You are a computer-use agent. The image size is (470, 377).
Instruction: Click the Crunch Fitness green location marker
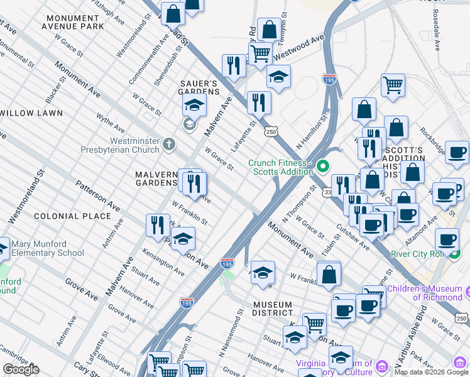323,167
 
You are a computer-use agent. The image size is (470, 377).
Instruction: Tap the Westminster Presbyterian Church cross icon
168,145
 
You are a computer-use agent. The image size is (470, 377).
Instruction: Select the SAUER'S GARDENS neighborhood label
200,87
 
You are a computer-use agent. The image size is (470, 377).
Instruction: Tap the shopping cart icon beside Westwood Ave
260,53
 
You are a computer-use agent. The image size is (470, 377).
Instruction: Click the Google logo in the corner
21,369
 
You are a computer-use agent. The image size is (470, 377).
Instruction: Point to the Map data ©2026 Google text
431,372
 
